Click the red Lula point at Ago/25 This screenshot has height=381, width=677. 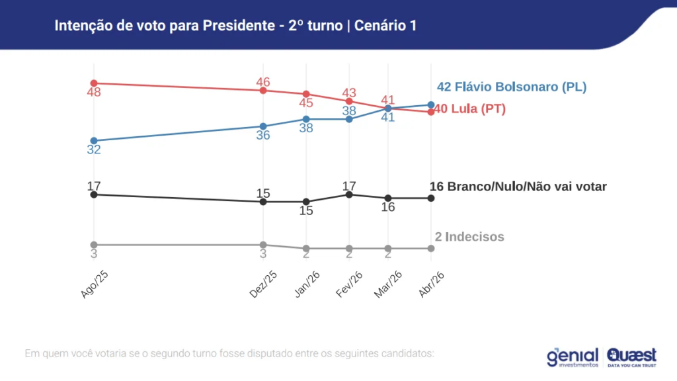(94, 83)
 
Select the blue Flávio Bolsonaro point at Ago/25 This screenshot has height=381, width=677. (94, 141)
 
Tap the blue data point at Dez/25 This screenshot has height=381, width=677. (263, 126)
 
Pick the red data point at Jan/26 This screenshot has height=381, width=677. (306, 94)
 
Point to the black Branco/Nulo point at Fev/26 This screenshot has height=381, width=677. (349, 194)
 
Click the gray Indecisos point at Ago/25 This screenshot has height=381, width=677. (94, 245)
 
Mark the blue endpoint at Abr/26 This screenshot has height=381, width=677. (431, 105)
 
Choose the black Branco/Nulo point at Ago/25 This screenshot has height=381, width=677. (94, 194)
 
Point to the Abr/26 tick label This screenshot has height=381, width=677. (430, 284)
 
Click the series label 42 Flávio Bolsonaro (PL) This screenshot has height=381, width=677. (512, 87)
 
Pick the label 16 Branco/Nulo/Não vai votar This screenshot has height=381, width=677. (518, 187)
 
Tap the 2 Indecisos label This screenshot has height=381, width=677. (469, 237)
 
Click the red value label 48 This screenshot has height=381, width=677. (94, 93)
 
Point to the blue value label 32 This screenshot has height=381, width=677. (94, 150)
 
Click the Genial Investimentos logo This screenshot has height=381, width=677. (572, 357)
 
